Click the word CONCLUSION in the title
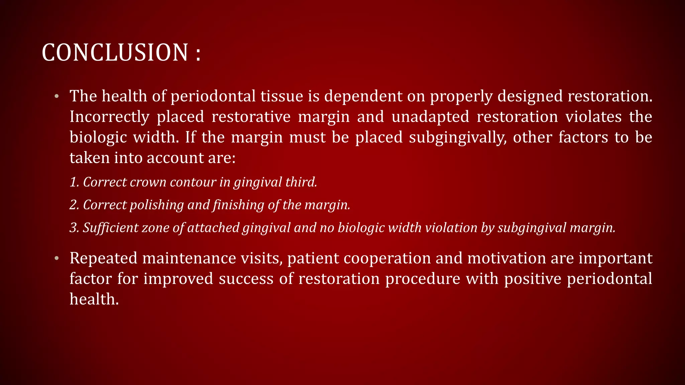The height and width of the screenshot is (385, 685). (115, 53)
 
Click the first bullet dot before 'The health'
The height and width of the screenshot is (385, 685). (57, 97)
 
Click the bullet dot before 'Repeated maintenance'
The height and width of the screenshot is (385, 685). (57, 259)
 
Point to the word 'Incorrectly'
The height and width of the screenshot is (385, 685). (109, 117)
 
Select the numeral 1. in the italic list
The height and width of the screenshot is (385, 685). (74, 182)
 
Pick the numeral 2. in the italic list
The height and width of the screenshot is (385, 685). (74, 205)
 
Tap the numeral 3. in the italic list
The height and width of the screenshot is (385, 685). (74, 228)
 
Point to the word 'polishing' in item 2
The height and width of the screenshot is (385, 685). (157, 205)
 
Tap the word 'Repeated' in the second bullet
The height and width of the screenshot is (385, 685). (103, 259)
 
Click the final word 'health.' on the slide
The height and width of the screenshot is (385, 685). (94, 299)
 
